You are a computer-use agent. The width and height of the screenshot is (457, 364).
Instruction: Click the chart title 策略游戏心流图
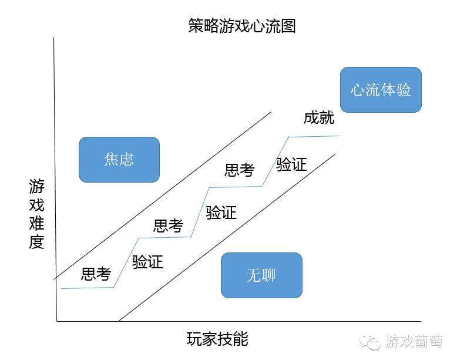coord(242,26)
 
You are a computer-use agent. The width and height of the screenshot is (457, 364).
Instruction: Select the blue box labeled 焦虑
coord(119,160)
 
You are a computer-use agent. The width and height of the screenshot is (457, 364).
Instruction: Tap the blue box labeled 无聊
coord(261,275)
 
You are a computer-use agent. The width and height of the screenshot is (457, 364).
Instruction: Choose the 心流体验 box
coord(381,90)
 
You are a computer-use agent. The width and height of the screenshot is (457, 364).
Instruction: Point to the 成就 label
coord(319,118)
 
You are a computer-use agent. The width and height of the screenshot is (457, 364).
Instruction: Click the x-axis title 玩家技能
coord(217,339)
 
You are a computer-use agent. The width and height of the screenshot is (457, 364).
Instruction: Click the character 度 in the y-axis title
coord(36,242)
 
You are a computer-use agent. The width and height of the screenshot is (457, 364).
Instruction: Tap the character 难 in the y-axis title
coord(36,223)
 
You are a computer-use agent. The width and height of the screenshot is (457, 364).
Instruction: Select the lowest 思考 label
coord(96,274)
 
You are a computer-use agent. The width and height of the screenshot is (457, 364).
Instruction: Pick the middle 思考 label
coord(168,225)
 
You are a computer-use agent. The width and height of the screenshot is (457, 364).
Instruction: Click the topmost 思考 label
coord(239,170)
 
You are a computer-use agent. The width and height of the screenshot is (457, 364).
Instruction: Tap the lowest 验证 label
coord(147,261)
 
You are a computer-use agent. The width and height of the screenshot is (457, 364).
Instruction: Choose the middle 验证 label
coord(221,213)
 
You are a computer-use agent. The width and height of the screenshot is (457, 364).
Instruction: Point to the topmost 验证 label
coord(291,164)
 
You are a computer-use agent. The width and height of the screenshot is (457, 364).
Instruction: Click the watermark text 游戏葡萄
coord(414,341)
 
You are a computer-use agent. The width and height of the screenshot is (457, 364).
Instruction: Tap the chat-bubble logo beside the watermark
coord(370,342)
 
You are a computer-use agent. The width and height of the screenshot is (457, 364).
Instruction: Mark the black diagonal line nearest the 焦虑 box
coord(163,196)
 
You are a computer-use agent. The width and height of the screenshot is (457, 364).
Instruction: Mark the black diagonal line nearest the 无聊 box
coord(227,238)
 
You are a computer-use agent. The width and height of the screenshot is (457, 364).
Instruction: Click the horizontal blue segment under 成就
coord(314,136)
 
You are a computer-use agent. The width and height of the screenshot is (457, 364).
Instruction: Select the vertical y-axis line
coord(55,180)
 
